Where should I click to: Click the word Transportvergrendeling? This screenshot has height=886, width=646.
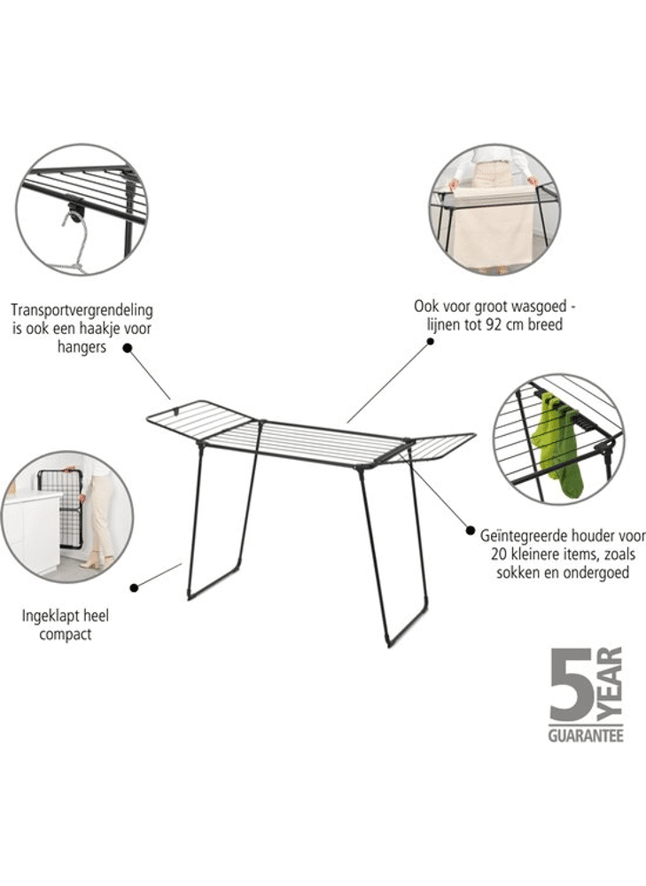pyautogui.click(x=82, y=310)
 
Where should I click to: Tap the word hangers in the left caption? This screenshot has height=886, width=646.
pyautogui.click(x=82, y=347)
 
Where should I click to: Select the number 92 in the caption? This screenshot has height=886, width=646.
pyautogui.click(x=493, y=324)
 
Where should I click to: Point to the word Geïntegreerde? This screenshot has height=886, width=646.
pyautogui.click(x=520, y=534)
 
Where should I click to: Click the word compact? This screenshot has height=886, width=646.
pyautogui.click(x=65, y=634)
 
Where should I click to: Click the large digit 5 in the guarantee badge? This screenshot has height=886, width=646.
pyautogui.click(x=571, y=684)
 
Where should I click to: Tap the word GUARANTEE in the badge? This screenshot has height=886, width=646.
pyautogui.click(x=586, y=735)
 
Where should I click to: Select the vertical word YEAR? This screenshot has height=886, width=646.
pyautogui.click(x=610, y=684)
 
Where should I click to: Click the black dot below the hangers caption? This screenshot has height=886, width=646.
pyautogui.click(x=128, y=348)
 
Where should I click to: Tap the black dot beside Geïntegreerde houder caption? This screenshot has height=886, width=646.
pyautogui.click(x=471, y=530)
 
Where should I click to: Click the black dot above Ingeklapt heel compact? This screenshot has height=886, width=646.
pyautogui.click(x=134, y=587)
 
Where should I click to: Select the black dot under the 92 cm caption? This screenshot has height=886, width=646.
pyautogui.click(x=431, y=341)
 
